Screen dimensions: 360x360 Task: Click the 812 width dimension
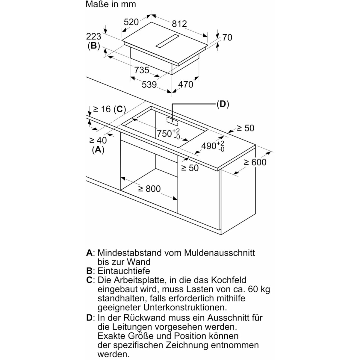click(179, 24)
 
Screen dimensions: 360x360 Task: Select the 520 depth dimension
click(131, 22)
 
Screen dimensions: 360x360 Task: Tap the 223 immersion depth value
click(94, 37)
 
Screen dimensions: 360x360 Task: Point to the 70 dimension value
click(227, 37)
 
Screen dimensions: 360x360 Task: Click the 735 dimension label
click(142, 70)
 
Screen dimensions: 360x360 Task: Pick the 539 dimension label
click(149, 84)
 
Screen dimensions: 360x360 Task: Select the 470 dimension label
click(185, 84)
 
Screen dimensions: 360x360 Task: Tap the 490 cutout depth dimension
click(213, 146)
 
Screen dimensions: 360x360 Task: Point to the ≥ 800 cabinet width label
click(149, 189)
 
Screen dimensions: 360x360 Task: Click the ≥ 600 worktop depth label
click(255, 162)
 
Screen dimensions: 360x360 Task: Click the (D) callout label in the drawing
click(223, 104)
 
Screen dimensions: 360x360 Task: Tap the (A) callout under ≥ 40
click(98, 150)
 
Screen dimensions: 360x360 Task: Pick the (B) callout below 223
click(94, 46)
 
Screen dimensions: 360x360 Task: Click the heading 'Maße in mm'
click(111, 4)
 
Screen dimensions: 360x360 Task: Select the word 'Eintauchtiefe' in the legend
click(124, 271)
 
